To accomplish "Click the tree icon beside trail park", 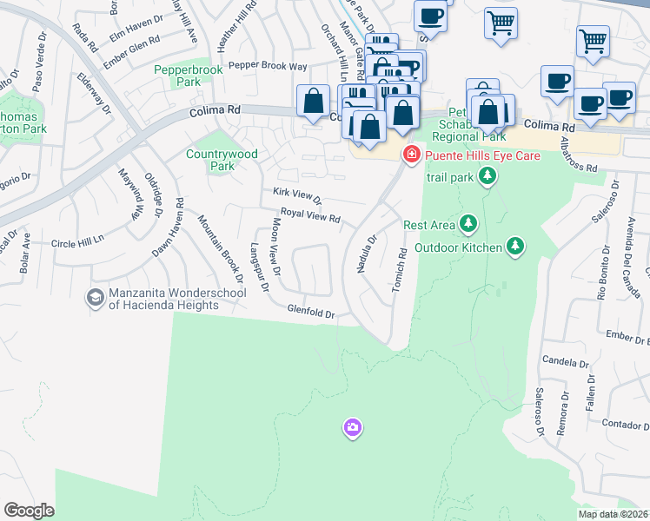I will tap(487, 177).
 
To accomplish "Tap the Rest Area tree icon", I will tap(468, 225).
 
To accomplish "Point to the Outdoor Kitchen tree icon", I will tap(515, 247).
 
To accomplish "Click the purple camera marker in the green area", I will tap(352, 427).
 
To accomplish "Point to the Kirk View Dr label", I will tap(297, 196).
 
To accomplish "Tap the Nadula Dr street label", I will tap(366, 254).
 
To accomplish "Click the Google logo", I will tap(29, 510).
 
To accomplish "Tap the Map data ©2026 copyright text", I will tap(613, 514).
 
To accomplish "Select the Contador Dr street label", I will tap(622, 425).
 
